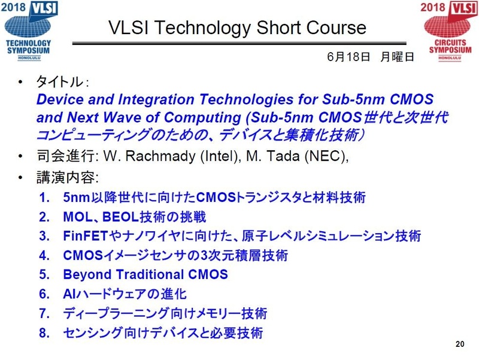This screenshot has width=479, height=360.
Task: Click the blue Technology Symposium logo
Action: (x=29, y=31)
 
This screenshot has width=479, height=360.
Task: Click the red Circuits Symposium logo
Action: (x=450, y=31)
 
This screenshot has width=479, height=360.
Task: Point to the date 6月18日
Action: (x=348, y=56)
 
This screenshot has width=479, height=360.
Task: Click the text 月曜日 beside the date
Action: (x=397, y=56)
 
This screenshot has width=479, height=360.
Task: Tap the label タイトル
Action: (x=59, y=81)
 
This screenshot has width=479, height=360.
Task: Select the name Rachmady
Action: (x=160, y=156)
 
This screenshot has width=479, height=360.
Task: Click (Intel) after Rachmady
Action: (x=219, y=156)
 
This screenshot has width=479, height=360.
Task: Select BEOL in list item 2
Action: (x=120, y=217)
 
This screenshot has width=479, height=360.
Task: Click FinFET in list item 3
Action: (x=86, y=236)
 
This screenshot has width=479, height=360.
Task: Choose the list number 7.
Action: (x=44, y=313)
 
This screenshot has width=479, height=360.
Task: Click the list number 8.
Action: (x=44, y=333)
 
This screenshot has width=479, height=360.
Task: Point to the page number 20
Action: (x=460, y=344)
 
